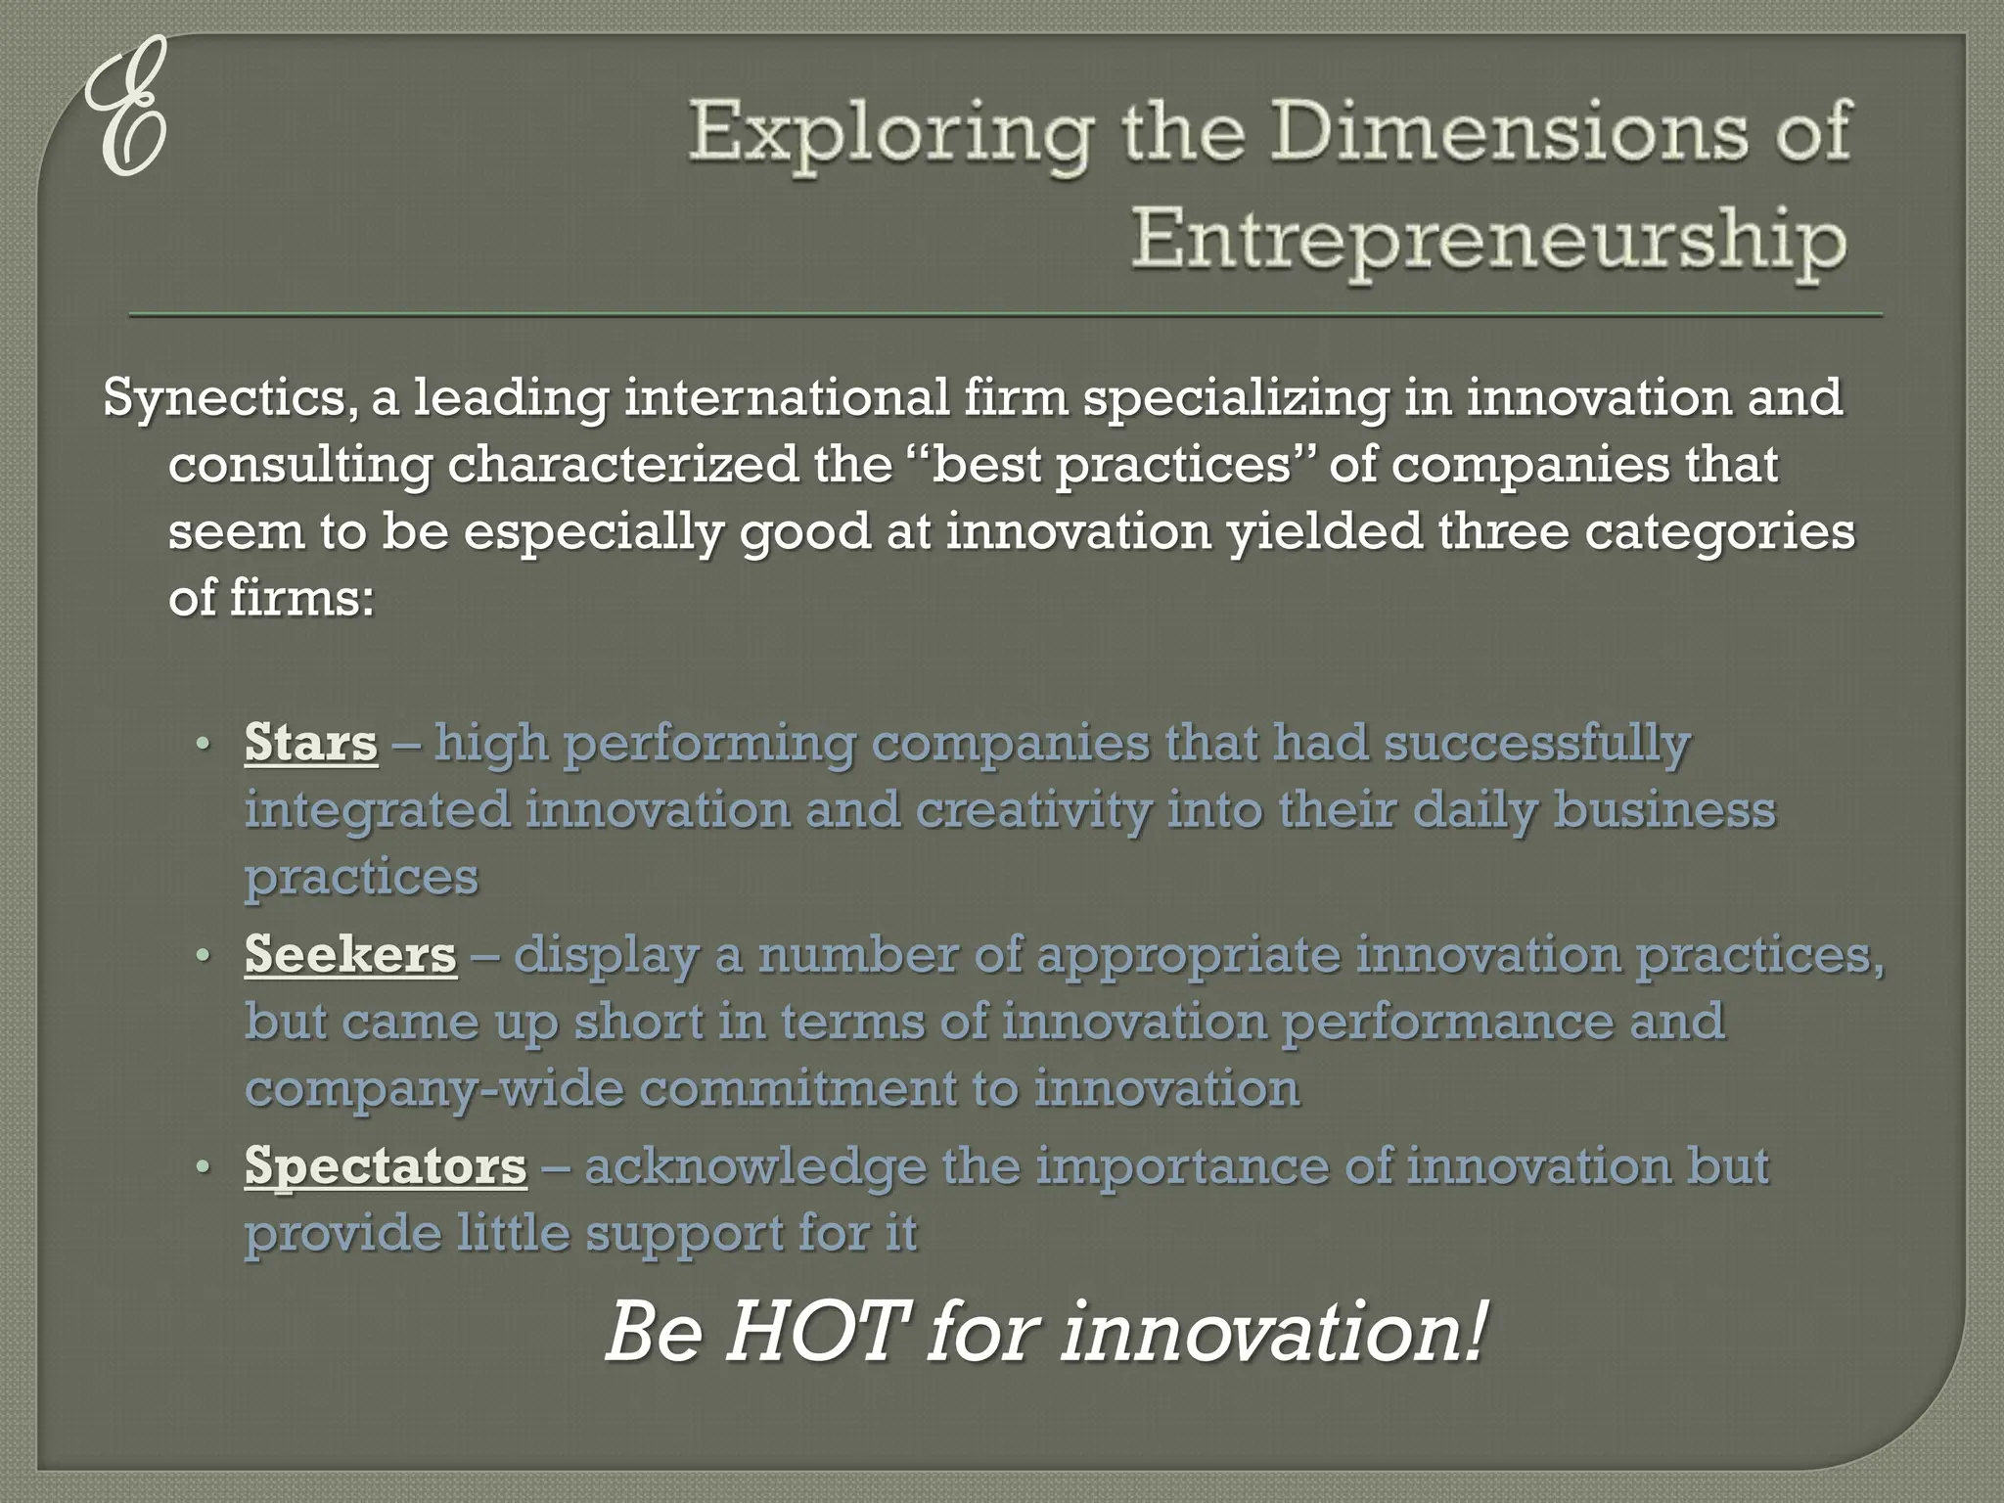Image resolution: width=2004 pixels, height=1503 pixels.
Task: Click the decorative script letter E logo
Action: click(x=124, y=110)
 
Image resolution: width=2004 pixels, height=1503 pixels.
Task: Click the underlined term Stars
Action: click(x=311, y=743)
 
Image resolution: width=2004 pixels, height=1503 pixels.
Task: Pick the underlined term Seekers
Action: click(x=350, y=954)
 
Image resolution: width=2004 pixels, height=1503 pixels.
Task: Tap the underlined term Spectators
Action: click(x=386, y=1166)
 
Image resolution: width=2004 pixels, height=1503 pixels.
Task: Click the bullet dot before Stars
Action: click(x=203, y=744)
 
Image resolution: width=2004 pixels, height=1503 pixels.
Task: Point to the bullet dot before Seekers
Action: click(x=203, y=955)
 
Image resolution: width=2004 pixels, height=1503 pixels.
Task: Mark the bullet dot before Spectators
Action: click(x=203, y=1167)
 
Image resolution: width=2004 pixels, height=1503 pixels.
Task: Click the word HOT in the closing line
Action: click(x=812, y=1333)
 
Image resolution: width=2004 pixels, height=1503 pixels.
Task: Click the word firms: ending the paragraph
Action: click(x=301, y=599)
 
